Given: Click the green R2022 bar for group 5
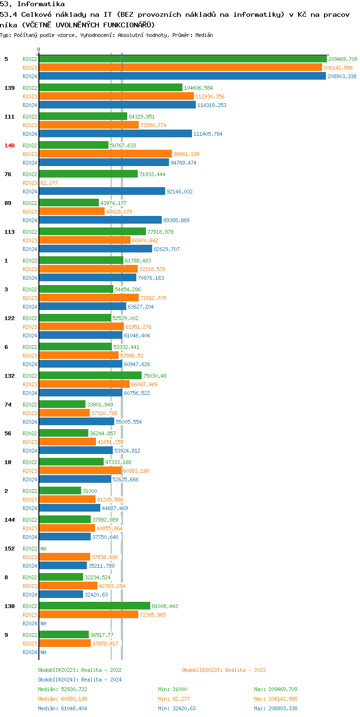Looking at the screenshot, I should point(182,59).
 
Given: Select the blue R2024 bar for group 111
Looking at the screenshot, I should point(115,133).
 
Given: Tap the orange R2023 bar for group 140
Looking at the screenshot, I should point(105,154).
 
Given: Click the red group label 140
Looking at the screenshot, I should point(10,145).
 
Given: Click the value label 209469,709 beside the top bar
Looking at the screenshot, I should point(343,59).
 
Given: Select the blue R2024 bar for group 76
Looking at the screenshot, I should point(102,191).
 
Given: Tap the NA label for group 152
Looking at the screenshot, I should point(43,549).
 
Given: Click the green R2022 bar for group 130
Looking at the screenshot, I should point(95,606).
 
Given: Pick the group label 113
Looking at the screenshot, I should point(10,232).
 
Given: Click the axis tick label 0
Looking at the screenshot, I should point(39,49).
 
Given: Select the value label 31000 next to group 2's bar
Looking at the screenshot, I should point(90,491).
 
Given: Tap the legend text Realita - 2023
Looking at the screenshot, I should point(245,670).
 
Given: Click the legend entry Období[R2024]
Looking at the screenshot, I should point(58,680).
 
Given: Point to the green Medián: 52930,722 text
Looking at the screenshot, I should point(62,689).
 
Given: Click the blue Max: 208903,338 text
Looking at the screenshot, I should point(276,708).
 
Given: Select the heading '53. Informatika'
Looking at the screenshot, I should point(32,4).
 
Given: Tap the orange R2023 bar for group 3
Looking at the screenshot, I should point(89,298).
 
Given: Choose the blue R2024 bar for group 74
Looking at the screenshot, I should point(76,421).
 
